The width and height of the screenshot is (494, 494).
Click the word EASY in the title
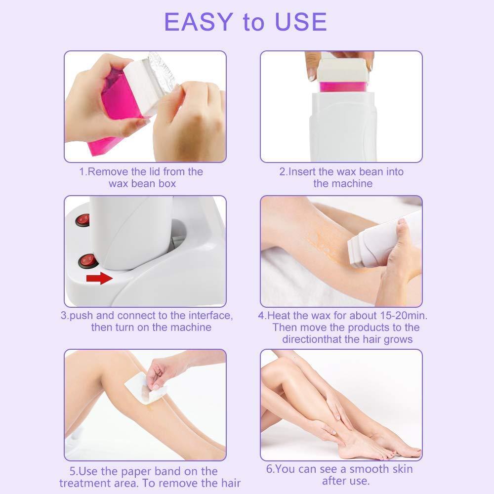point(198,22)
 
